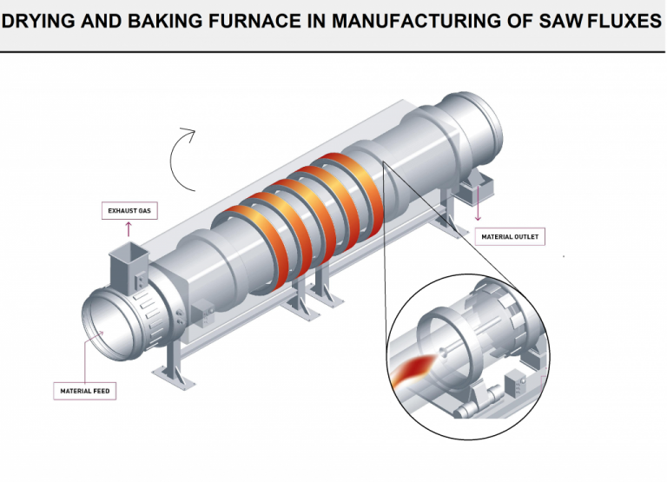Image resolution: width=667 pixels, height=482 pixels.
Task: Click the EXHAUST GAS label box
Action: (x=129, y=211)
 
